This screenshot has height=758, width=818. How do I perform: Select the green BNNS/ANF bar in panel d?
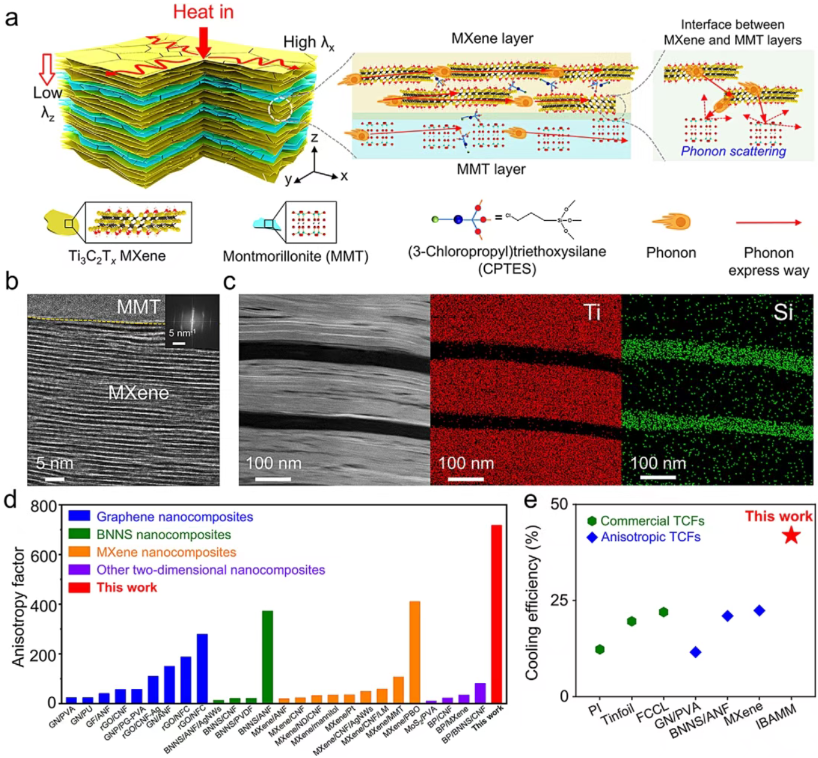click(x=267, y=656)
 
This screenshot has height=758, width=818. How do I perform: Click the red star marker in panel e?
click(x=791, y=535)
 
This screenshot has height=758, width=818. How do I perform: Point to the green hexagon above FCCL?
click(x=663, y=612)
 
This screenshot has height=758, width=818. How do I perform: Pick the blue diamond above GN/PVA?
click(x=695, y=652)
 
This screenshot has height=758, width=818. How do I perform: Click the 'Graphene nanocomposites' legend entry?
click(x=174, y=517)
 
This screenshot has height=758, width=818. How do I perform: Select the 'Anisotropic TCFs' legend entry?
click(x=650, y=537)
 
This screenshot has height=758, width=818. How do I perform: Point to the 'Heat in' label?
click(x=203, y=12)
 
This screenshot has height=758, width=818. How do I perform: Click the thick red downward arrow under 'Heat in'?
click(x=204, y=42)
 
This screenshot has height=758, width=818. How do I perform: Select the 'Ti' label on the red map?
click(x=592, y=312)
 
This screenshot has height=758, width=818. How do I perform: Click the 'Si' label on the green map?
click(x=783, y=312)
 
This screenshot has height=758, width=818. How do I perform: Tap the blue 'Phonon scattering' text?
click(x=733, y=152)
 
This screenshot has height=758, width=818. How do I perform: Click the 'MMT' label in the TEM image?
click(x=138, y=307)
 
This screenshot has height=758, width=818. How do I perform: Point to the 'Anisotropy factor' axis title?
click(x=19, y=606)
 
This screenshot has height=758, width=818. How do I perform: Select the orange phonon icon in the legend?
click(x=671, y=222)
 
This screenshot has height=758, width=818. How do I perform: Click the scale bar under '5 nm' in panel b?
click(x=55, y=479)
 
